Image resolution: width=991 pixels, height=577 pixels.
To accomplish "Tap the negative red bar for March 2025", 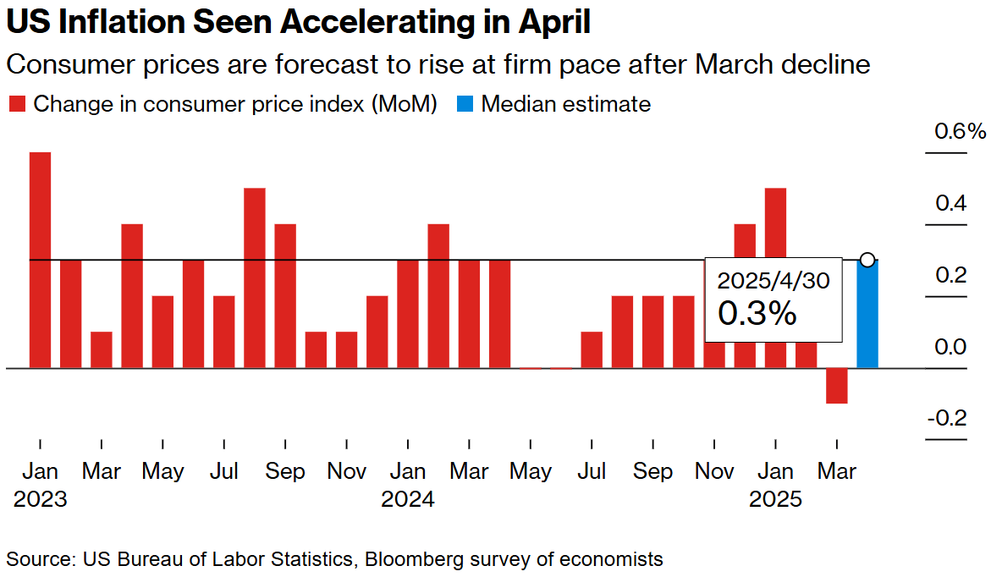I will tap(836, 386).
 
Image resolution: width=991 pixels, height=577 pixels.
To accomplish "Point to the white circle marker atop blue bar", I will tap(867, 260).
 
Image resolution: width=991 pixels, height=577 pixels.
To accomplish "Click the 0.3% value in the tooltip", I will tap(757, 313).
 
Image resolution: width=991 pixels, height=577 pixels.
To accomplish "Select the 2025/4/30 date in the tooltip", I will tap(774, 280).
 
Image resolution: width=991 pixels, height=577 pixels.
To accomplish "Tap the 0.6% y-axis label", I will tap(960, 132).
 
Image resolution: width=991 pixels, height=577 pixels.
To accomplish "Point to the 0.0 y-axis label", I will tap(950, 348).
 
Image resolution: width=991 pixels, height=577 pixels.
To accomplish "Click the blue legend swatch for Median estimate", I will tap(465, 105).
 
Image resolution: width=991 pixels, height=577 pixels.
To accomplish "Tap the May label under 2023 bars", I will tap(162, 471).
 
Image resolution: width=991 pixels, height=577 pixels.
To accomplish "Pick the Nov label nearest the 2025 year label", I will tap(714, 471).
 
